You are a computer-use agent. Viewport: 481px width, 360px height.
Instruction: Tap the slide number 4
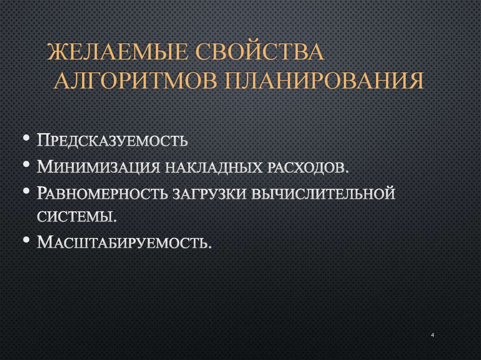[x=432, y=335]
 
